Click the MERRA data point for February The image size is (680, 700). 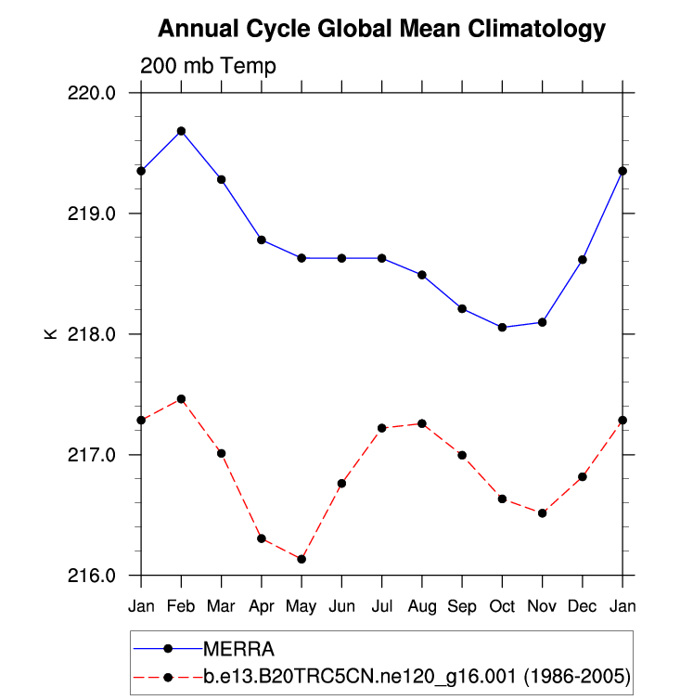181,131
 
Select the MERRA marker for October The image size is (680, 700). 502,327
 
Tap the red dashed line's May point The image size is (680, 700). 302,559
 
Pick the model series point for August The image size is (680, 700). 422,423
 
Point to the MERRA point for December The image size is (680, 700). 583,260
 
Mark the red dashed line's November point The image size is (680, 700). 542,512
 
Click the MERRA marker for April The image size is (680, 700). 262,240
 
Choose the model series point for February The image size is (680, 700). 181,399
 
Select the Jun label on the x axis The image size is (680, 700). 341,607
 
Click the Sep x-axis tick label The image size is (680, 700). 462,607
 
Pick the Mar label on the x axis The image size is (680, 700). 221,607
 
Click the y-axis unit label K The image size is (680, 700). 51,334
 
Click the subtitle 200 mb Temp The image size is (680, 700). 208,66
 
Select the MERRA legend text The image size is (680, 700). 239,648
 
